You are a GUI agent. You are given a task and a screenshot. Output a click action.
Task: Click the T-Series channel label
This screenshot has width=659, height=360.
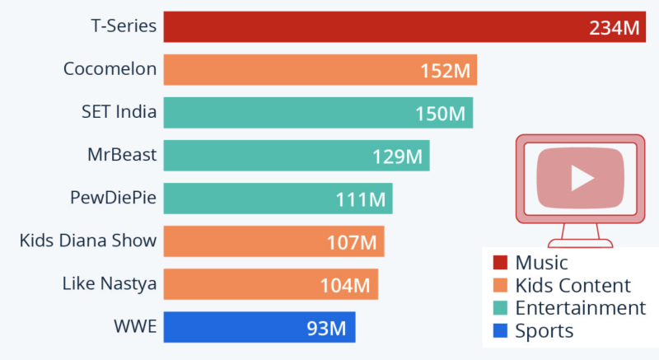click(x=123, y=26)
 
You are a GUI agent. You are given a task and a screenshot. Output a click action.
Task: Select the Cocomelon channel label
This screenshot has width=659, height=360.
click(x=110, y=68)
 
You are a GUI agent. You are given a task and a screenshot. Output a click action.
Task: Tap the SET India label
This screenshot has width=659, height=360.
click(x=119, y=111)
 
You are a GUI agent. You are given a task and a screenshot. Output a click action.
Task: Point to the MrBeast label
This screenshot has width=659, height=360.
click(x=122, y=154)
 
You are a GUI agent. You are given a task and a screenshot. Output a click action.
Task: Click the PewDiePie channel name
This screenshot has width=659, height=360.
click(x=113, y=197)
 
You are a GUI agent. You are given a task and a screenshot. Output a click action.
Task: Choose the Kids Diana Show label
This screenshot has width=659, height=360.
click(x=88, y=241)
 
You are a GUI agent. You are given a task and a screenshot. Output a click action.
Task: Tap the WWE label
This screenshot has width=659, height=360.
click(x=134, y=327)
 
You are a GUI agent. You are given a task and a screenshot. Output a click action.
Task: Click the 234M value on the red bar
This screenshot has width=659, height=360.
click(x=615, y=27)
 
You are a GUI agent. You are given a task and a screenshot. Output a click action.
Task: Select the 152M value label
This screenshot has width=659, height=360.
click(x=446, y=71)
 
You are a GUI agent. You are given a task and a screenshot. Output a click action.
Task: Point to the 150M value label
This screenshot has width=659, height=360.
click(x=442, y=114)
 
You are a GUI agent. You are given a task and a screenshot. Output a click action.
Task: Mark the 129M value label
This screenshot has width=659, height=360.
click(x=398, y=157)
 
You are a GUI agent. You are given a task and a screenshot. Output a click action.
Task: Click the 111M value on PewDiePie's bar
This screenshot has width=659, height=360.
click(x=361, y=199)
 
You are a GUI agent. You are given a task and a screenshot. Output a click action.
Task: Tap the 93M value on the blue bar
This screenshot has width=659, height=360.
click(x=326, y=329)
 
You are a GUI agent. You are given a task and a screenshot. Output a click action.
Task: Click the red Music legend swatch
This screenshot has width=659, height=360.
click(x=499, y=263)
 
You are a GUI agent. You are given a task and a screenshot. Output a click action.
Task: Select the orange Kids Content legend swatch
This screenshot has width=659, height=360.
click(x=499, y=286)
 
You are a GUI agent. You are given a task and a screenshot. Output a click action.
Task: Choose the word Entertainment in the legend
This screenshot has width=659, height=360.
click(x=580, y=308)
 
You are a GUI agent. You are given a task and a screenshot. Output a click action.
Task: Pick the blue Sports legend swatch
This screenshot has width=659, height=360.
click(x=499, y=331)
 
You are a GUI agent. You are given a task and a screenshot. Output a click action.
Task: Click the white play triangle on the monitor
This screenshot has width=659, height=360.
click(x=582, y=177)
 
